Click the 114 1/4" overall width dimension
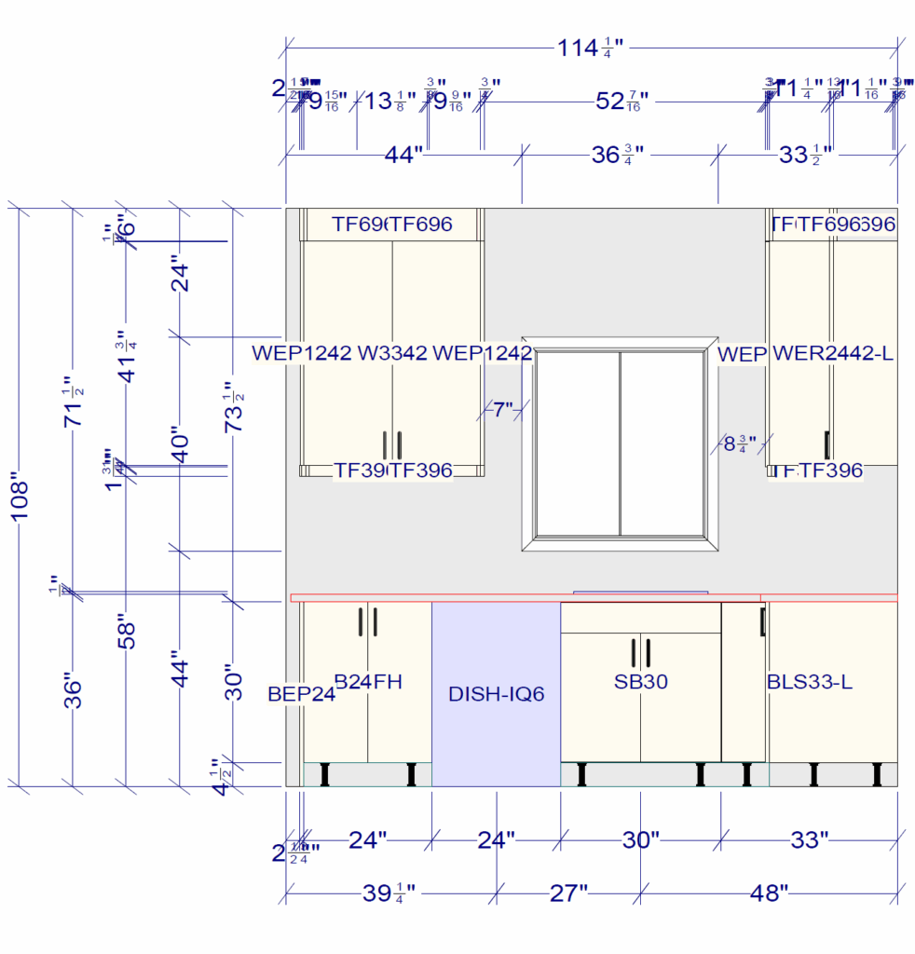point(589,48)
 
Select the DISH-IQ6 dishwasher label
point(495,694)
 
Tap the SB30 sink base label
point(640,682)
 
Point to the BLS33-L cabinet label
point(809,682)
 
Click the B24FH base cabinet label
point(368,682)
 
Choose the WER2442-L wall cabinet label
point(833,354)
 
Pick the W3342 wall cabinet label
point(392,354)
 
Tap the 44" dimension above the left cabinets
point(403,155)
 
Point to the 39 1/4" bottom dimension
point(389,893)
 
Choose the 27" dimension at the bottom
point(567,893)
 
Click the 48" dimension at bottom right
point(769,893)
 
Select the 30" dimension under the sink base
point(640,840)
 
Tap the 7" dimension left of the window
point(503,409)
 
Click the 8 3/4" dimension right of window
point(740,443)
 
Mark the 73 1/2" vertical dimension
point(235,406)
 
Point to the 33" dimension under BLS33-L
point(809,840)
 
